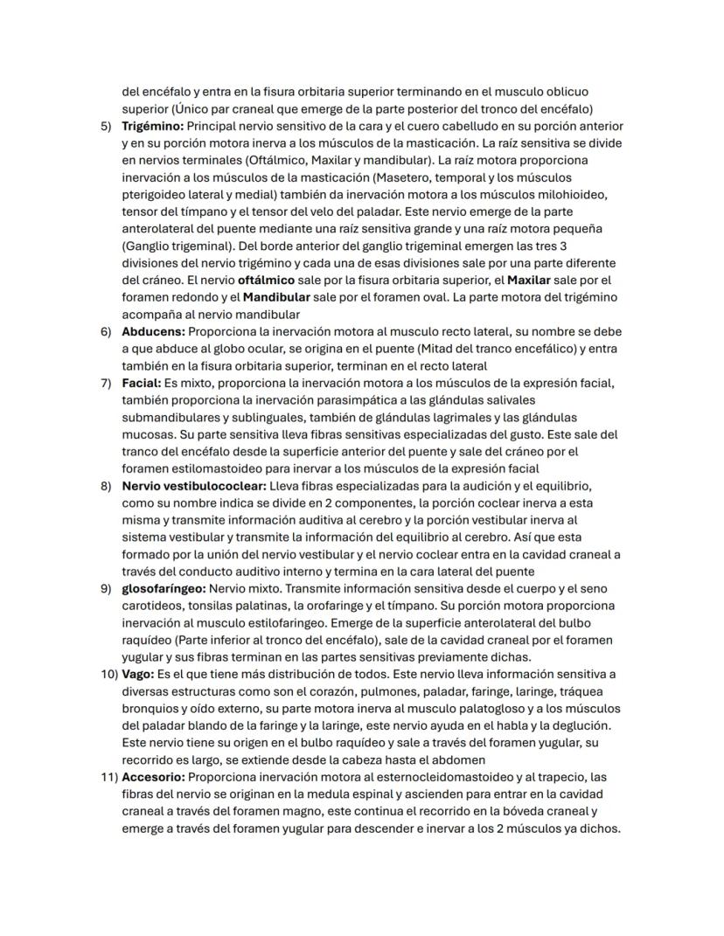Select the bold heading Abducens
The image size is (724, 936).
pos(153,332)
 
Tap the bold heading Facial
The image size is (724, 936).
pos(141,383)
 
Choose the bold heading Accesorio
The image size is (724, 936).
pos(153,776)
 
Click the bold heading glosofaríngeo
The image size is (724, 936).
pos(164,588)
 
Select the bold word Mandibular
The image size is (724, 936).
pos(276,298)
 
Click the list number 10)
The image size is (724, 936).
pos(108,673)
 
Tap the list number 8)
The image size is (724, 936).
pos(105,486)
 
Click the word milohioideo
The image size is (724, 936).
pos(569,194)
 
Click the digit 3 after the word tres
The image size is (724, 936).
pos(563,246)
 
